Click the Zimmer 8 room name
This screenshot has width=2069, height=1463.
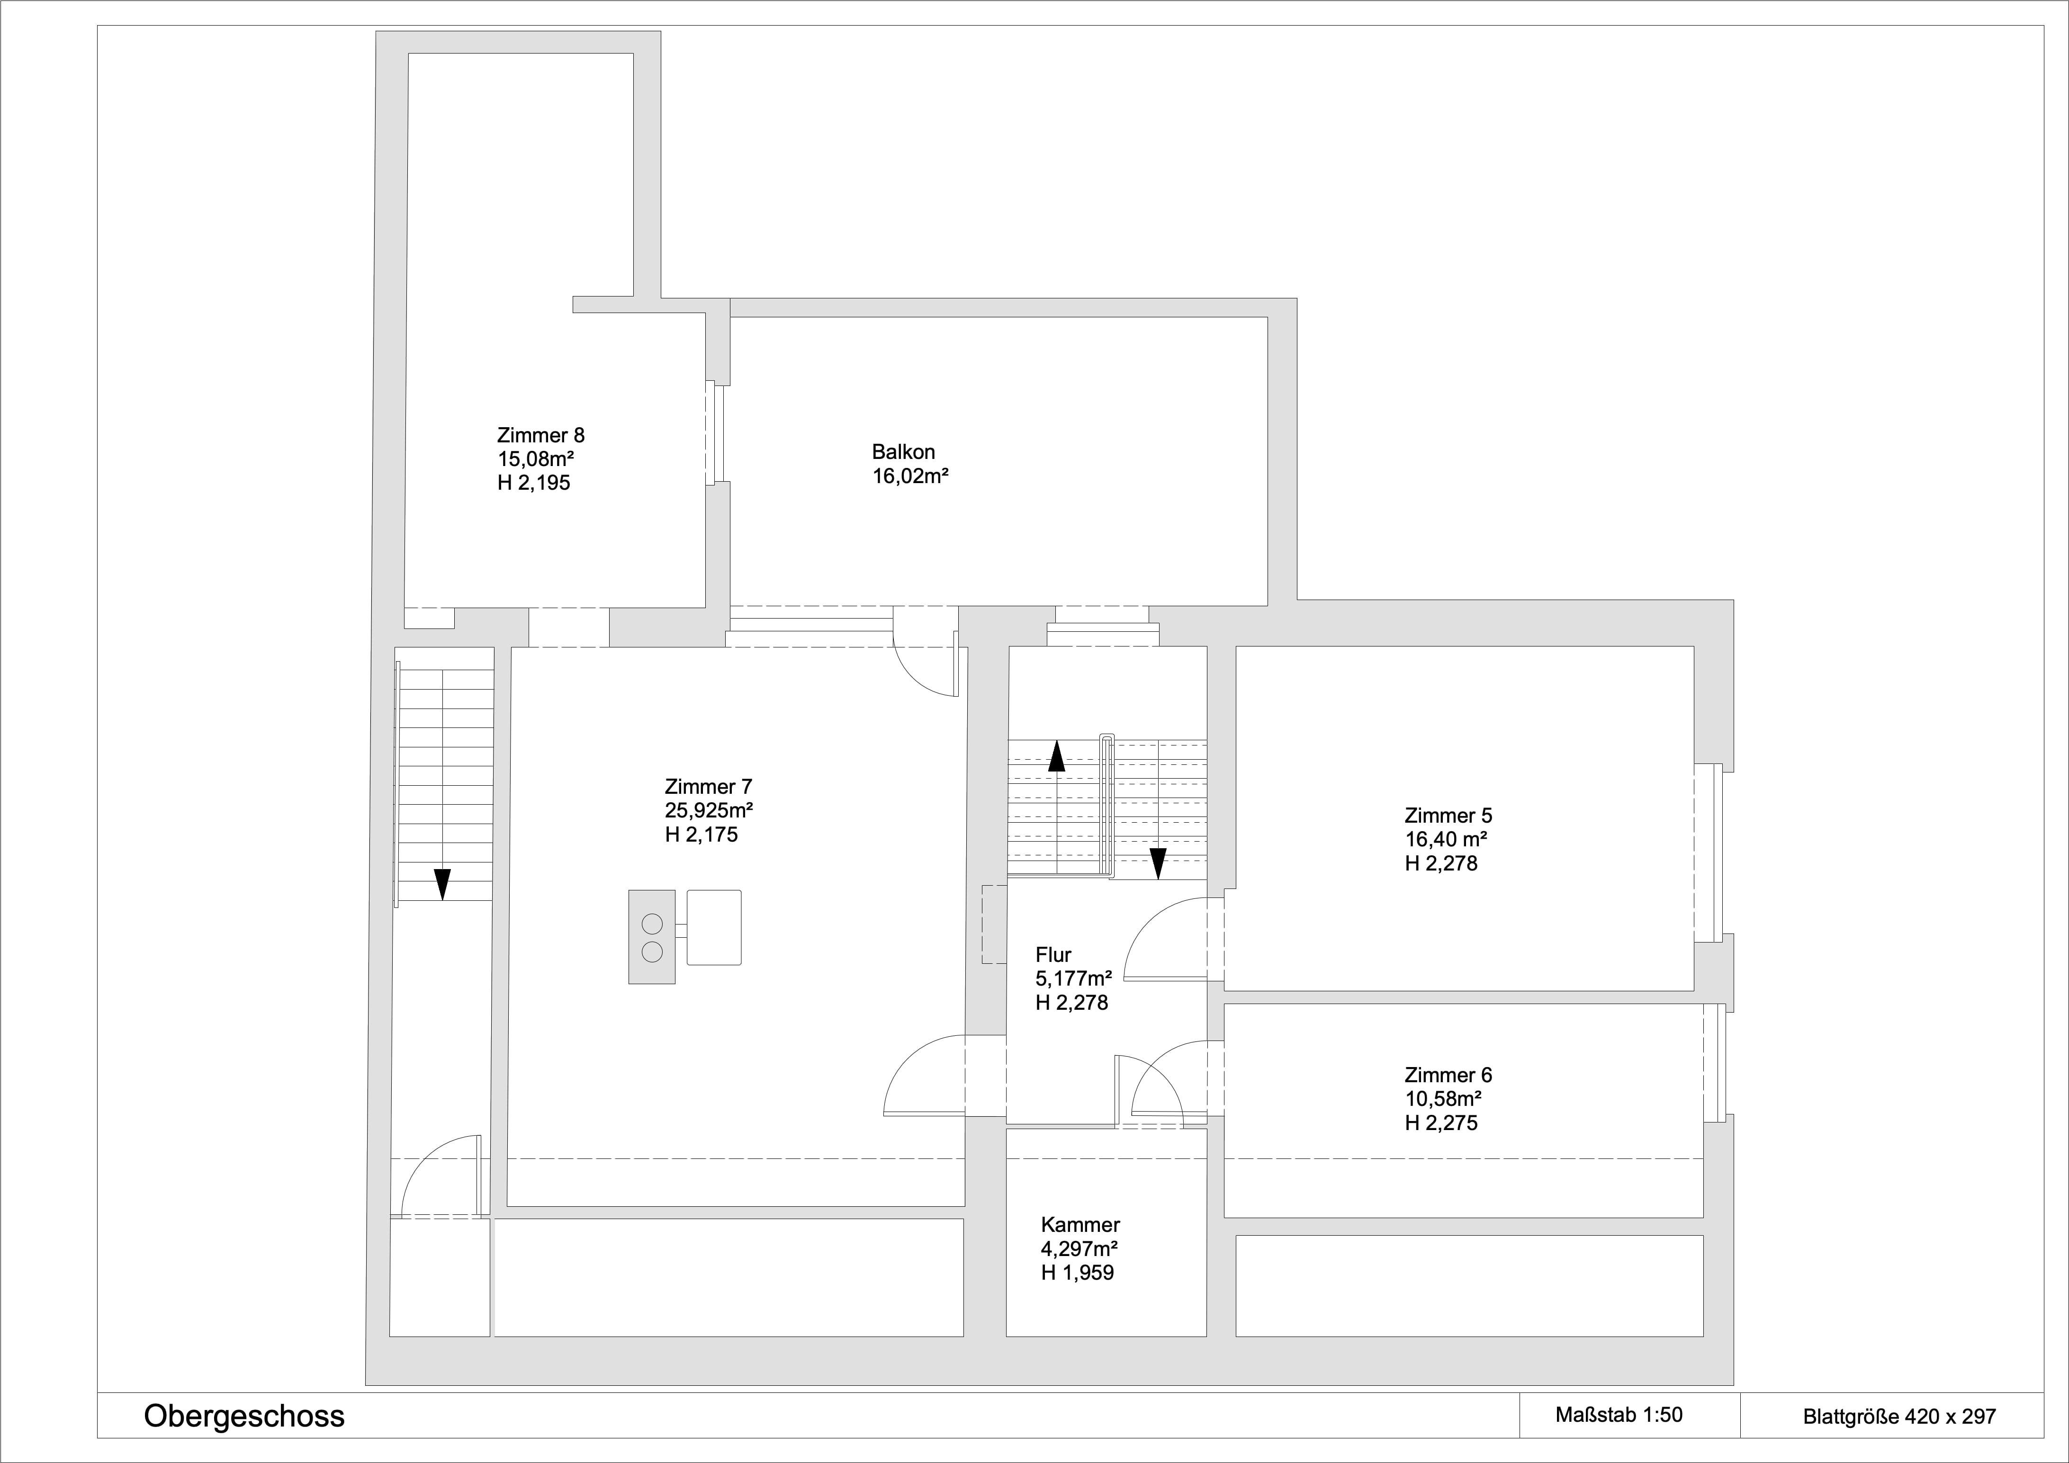[540, 435]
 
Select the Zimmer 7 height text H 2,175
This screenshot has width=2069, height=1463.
[701, 835]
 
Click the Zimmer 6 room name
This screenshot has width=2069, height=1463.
[1448, 1075]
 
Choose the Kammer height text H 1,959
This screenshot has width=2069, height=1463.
[1077, 1273]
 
